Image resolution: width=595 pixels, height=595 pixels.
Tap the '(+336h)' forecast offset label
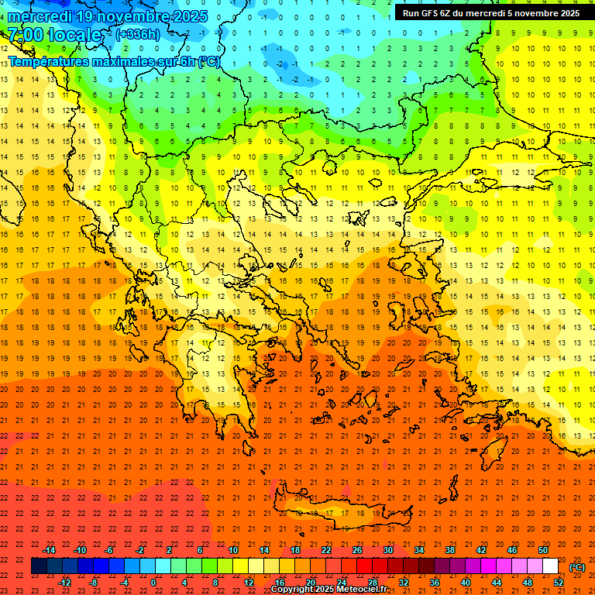[x=138, y=34]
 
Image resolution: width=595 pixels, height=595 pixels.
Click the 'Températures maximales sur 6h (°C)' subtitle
[x=113, y=61]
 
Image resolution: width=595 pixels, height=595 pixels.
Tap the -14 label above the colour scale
[x=49, y=550]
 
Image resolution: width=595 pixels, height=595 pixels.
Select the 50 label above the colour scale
[x=542, y=550]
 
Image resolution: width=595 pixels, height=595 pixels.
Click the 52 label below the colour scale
[x=559, y=583]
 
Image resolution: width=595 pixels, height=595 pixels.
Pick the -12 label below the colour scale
[x=64, y=583]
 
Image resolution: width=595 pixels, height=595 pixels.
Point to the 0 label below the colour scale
[x=153, y=583]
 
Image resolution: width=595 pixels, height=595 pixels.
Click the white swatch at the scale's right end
[x=550, y=566]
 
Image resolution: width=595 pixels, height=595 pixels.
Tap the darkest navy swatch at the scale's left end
[x=39, y=566]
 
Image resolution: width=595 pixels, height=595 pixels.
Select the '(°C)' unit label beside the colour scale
[x=576, y=567]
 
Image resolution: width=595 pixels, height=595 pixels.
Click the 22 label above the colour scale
[x=326, y=550]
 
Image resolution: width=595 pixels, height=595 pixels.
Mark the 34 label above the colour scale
[x=419, y=550]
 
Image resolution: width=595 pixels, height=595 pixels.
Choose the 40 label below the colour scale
[x=466, y=583]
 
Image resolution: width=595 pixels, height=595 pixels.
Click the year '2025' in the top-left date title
[x=174, y=16]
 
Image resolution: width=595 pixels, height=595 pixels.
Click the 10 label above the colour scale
[x=232, y=550]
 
